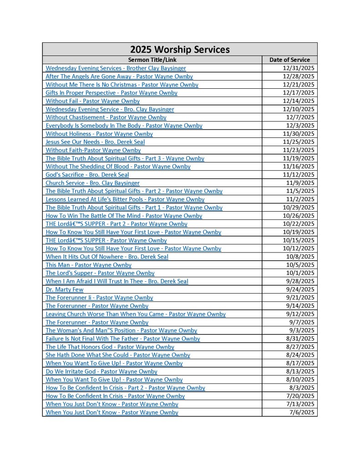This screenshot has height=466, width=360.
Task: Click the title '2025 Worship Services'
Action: pos(180,50)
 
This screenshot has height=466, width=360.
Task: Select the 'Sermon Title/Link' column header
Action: pos(152,60)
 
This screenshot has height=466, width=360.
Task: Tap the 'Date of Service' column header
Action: pos(289,60)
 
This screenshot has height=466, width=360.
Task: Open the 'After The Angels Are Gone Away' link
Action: pos(119,76)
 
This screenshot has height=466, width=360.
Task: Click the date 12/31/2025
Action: pos(299,68)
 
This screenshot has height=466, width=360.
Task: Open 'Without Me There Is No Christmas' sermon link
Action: pos(122,85)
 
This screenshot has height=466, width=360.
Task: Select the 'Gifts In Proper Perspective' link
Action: pos(112,93)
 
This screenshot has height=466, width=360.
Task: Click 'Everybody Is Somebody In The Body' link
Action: pos(124,126)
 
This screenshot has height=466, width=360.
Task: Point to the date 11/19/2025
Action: pos(299,158)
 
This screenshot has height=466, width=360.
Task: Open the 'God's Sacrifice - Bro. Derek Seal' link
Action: pos(87,175)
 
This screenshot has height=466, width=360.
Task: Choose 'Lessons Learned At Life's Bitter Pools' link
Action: pos(125,199)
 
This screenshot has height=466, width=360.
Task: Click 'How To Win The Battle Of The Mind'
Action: pos(124,216)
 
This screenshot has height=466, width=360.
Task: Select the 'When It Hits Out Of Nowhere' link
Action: pos(107,257)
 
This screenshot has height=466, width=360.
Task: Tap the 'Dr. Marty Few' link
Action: pos(65,289)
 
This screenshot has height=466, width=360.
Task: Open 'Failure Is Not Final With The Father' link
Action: pos(123,339)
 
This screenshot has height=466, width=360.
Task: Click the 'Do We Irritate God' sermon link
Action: pos(101,371)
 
